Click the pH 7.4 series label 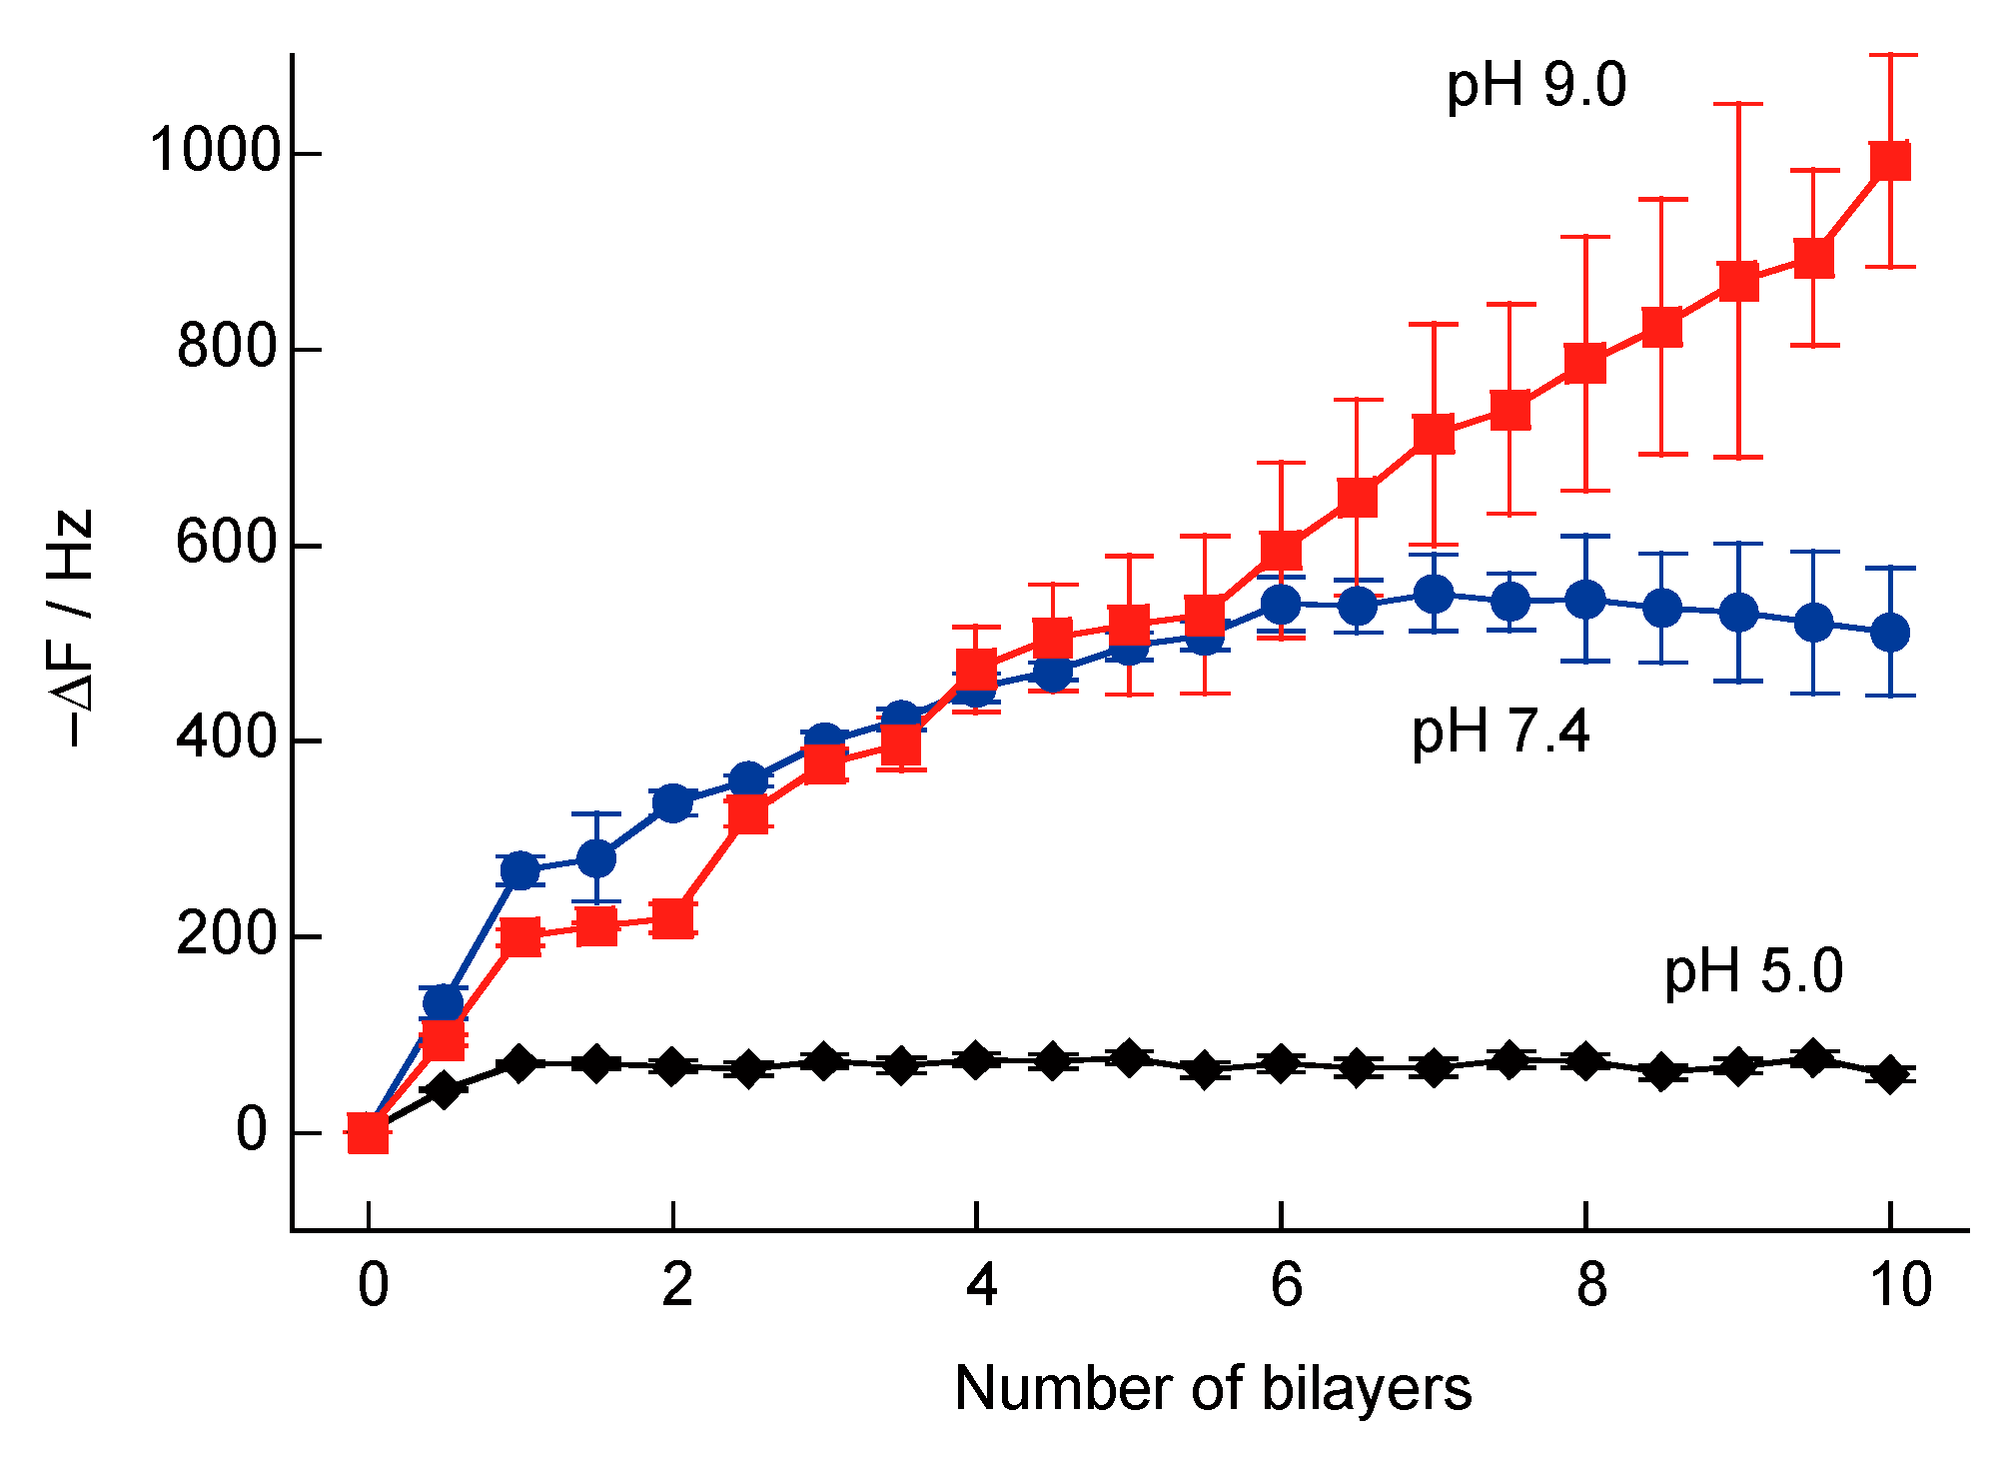pos(1500,731)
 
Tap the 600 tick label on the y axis pos(226,544)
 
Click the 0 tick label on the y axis pos(252,1130)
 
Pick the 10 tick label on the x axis pos(1899,1285)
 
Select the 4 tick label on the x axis pos(981,1285)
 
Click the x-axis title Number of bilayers pos(1213,1388)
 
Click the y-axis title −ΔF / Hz pos(75,628)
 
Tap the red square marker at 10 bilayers pos(1890,160)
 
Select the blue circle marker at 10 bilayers pos(1890,633)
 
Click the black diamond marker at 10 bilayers pos(1890,1075)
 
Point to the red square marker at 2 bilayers pos(673,917)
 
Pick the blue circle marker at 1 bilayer pos(520,870)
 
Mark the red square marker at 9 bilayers pos(1738,281)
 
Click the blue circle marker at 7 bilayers pos(1434,594)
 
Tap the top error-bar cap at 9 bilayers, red pos(1738,104)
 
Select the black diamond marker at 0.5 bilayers pos(445,1089)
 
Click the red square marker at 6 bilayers pos(1282,550)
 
